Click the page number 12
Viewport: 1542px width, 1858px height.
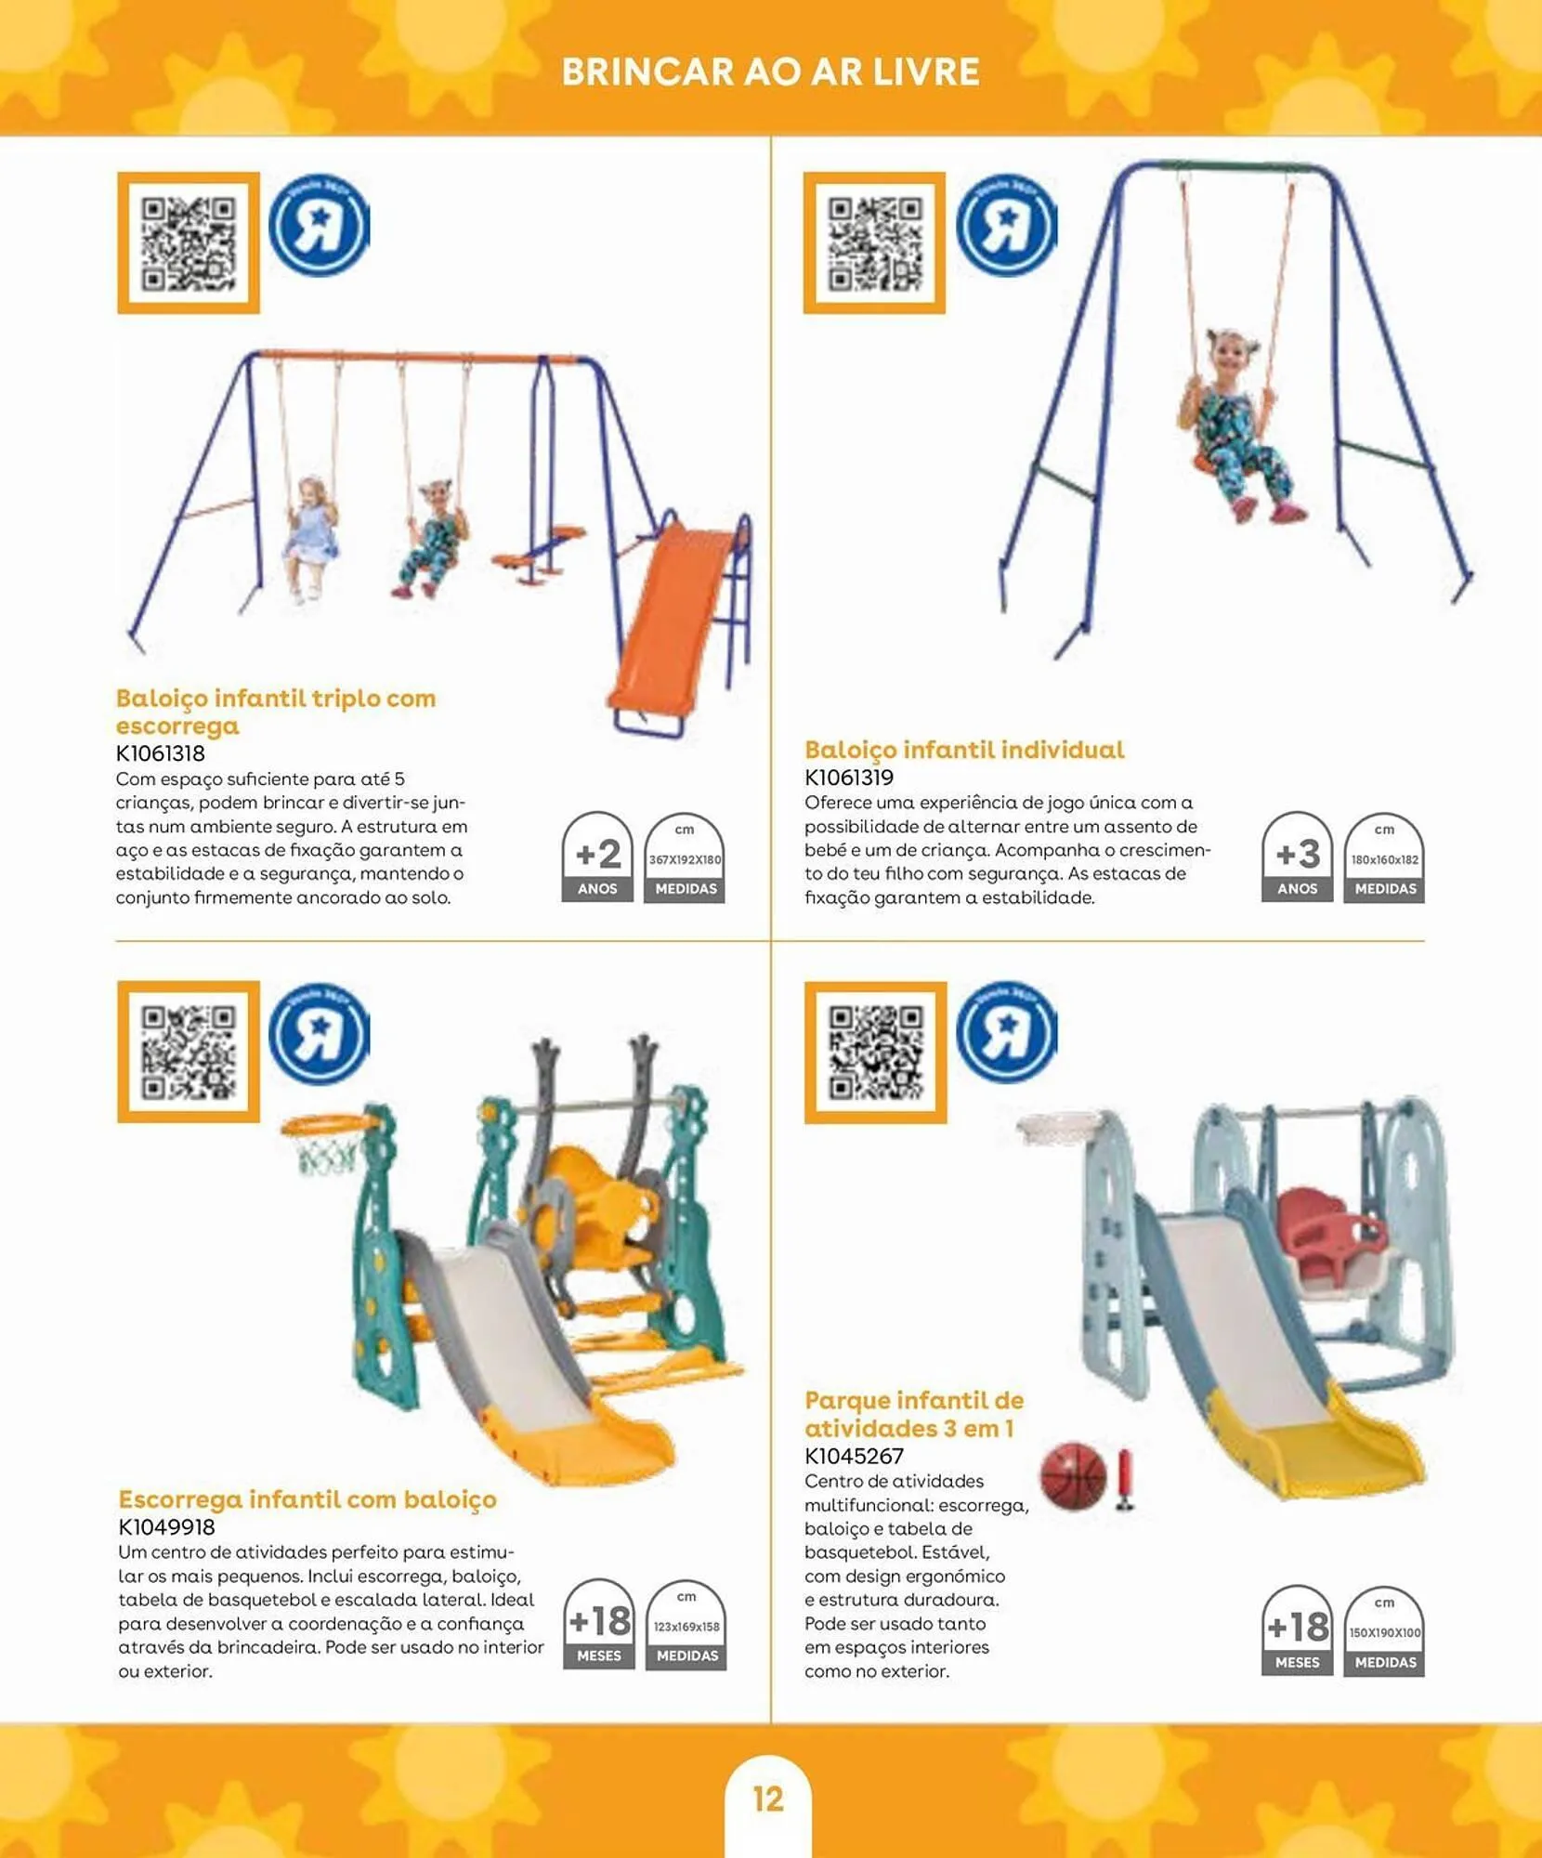point(768,1799)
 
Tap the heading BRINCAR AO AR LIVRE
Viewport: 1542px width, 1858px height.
point(770,72)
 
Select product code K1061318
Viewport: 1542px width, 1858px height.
point(161,753)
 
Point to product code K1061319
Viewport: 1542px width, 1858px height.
point(849,778)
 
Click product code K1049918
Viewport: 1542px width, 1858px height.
point(167,1526)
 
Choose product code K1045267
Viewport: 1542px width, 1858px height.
point(855,1456)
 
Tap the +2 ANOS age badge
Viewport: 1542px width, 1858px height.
point(597,857)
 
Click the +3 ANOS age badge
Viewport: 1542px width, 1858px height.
point(1297,857)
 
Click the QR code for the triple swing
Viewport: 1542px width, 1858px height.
point(189,243)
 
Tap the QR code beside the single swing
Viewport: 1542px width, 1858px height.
point(874,243)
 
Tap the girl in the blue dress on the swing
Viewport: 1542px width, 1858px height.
point(311,534)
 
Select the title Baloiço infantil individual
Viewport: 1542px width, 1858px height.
point(964,750)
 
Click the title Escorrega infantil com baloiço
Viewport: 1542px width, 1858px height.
point(307,1499)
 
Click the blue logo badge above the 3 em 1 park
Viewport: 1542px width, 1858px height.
point(1006,1033)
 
